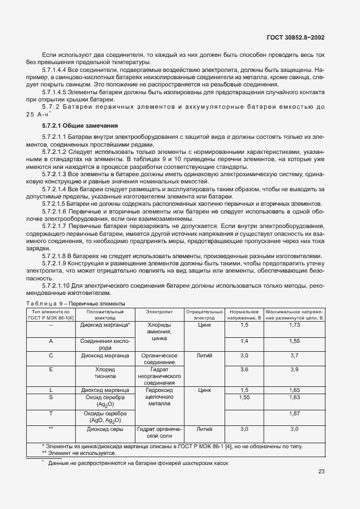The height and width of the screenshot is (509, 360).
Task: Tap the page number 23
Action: click(x=321, y=472)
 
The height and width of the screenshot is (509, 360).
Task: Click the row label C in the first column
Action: click(x=51, y=355)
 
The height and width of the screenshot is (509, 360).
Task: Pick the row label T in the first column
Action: click(x=51, y=414)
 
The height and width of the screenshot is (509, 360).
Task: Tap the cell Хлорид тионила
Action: click(x=105, y=372)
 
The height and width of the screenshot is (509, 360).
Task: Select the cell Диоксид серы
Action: click(x=105, y=429)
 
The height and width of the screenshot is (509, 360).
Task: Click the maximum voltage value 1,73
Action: click(x=295, y=324)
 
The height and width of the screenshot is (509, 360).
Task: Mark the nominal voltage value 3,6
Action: click(x=244, y=369)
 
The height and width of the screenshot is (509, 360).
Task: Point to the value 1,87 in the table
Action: click(x=295, y=414)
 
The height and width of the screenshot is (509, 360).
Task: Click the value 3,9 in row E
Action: click(x=295, y=369)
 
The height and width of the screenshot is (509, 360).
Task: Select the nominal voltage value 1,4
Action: click(x=244, y=341)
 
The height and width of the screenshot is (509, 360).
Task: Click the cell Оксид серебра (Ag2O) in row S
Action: click(x=105, y=401)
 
